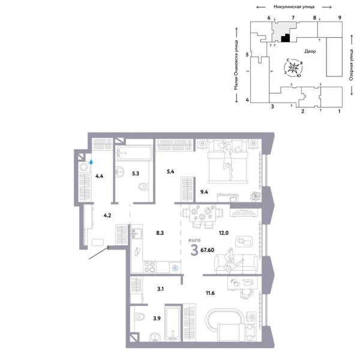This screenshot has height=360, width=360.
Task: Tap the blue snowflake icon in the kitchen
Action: [x=175, y=268]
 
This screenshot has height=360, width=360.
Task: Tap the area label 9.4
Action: [x=204, y=193]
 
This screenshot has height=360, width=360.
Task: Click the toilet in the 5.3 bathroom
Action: [x=143, y=188]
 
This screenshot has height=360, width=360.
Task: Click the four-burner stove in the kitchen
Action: [x=149, y=266]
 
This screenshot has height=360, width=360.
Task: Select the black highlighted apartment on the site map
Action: [x=286, y=38]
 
